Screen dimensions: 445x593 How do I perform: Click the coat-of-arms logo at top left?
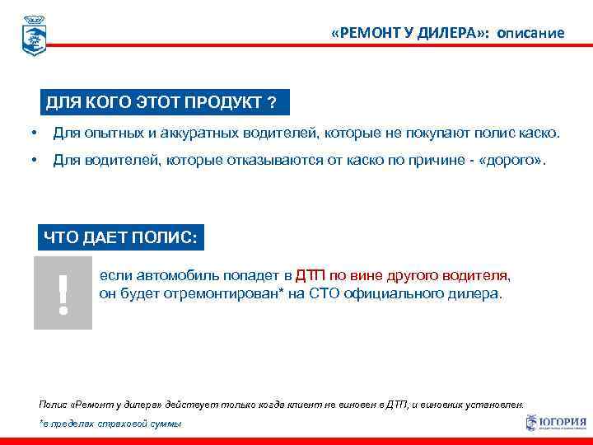point(34,35)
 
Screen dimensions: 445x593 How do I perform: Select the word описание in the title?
point(530,33)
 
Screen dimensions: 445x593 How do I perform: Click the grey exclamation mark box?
point(63,293)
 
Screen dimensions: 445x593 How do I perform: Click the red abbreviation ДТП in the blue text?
point(311,275)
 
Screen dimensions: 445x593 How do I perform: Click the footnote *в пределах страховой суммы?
point(110,423)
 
